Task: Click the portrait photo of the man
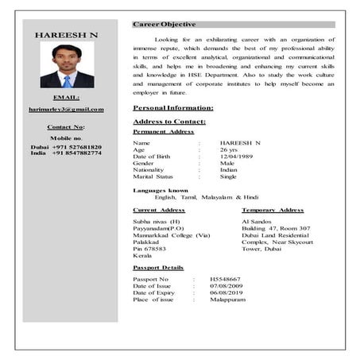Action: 67,66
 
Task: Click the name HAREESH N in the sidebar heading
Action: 67,36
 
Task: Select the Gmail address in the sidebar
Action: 66,108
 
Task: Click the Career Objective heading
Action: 164,25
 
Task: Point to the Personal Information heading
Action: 173,107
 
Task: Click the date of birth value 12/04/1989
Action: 238,157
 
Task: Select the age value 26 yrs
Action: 229,149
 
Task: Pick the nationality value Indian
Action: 229,170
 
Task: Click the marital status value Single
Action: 229,177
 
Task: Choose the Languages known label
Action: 161,191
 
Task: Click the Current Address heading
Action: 159,210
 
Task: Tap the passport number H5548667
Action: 226,280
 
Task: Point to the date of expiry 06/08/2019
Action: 226,293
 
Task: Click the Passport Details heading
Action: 159,268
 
